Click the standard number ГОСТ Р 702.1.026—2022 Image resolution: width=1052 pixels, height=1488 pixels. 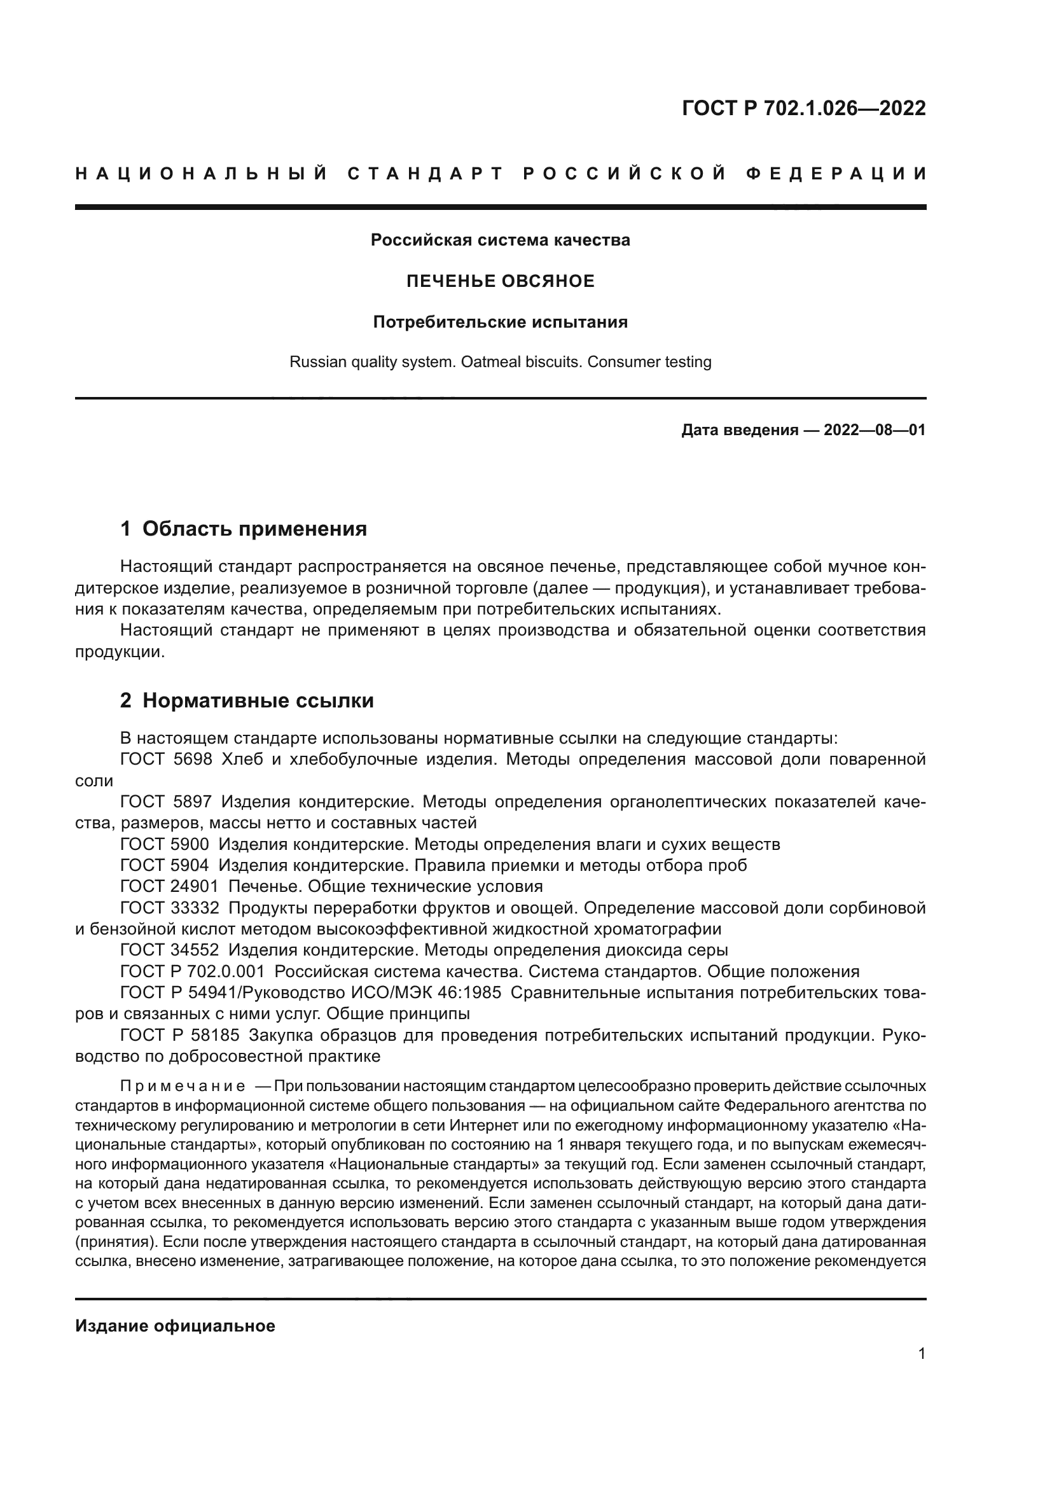tap(803, 108)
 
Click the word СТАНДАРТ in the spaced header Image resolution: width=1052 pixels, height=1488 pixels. tap(426, 174)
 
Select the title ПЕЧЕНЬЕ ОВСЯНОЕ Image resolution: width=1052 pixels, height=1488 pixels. tap(500, 281)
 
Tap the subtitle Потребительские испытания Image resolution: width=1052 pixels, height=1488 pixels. tap(500, 322)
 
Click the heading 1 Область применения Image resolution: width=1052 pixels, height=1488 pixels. tap(244, 529)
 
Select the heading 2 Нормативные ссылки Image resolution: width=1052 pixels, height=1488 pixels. tap(247, 700)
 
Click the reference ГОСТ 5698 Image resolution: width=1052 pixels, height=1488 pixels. tap(166, 760)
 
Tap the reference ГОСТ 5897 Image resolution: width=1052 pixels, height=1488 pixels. tap(166, 802)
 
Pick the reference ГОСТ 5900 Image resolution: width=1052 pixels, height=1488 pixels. tap(165, 844)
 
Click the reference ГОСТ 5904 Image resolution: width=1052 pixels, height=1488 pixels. tap(165, 865)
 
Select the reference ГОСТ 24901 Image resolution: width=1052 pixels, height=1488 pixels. tap(169, 886)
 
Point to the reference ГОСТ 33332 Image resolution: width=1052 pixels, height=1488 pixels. tap(169, 908)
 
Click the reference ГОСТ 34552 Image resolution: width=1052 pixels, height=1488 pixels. tap(169, 950)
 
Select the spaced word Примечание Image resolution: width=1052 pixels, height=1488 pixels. tap(183, 1086)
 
